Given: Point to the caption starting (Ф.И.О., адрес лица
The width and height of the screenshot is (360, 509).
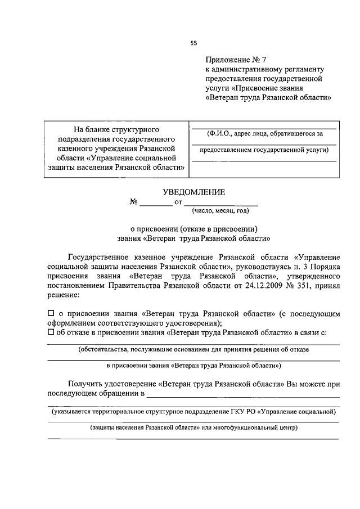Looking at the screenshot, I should click(264, 133).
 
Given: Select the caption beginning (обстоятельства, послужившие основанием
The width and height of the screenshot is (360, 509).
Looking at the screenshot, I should click(193, 349).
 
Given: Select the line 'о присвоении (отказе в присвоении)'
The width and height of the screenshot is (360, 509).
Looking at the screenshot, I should click(193, 229).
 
